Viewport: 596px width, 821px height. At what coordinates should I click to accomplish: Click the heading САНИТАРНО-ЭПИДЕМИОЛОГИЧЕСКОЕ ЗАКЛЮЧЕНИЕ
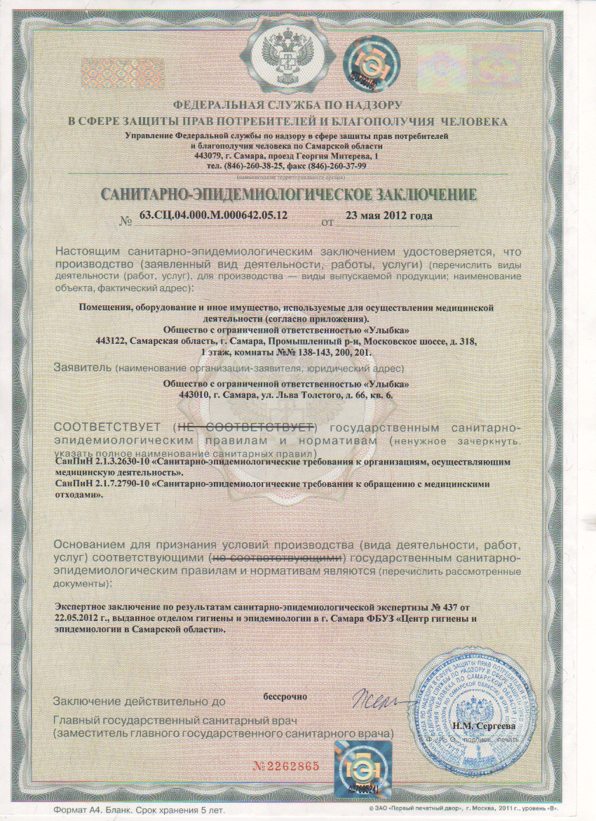(x=290, y=194)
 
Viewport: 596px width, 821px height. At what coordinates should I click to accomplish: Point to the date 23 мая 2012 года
(x=390, y=215)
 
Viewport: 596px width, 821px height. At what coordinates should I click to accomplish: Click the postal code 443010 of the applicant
(x=194, y=395)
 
